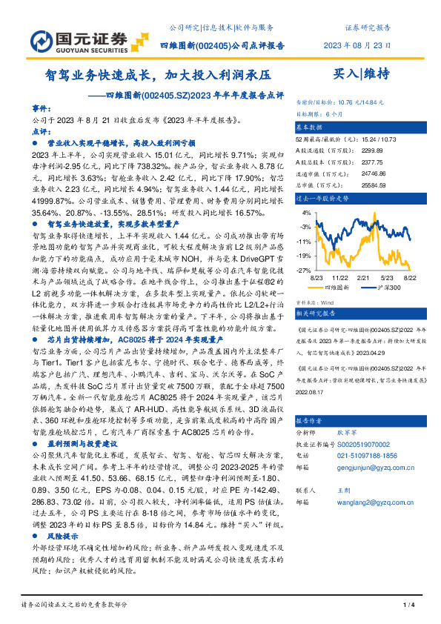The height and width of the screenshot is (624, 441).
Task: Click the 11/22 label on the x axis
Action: [340, 276]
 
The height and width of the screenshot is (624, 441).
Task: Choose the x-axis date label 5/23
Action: [388, 276]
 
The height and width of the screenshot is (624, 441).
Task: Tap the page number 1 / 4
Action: [409, 605]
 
